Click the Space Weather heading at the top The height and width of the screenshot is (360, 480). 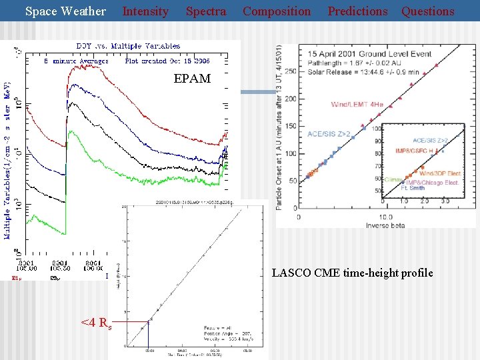(x=65, y=11)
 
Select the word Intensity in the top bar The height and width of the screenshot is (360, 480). (x=145, y=11)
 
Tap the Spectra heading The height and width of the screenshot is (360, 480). (x=205, y=11)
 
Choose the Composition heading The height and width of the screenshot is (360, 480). (x=276, y=11)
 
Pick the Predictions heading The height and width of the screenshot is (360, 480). (x=357, y=11)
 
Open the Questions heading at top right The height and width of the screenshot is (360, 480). (x=427, y=11)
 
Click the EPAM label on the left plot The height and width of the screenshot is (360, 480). (x=192, y=79)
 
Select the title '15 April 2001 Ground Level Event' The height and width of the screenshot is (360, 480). (x=365, y=54)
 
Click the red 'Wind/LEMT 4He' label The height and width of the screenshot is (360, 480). (x=357, y=105)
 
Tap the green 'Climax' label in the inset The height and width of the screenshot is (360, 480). (x=393, y=179)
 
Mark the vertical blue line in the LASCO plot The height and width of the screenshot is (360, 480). (x=148, y=333)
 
